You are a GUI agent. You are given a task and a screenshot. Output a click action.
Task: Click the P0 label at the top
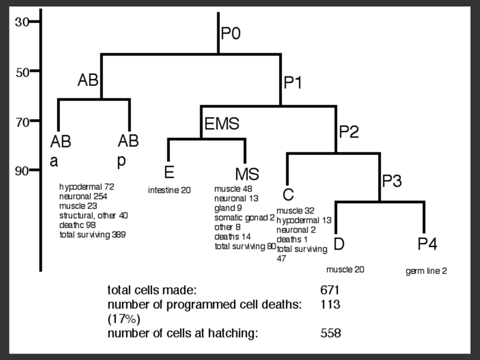[231, 34]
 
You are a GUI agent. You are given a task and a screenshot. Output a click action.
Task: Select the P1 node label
[293, 82]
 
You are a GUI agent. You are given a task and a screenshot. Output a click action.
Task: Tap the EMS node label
[222, 123]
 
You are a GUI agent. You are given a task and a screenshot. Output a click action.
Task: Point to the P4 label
[427, 244]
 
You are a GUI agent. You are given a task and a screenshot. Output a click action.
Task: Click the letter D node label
[338, 244]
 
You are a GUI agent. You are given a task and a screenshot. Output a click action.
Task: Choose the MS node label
[247, 174]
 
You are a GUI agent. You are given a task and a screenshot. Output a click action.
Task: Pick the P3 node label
[392, 181]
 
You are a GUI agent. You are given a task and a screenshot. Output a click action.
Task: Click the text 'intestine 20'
[169, 190]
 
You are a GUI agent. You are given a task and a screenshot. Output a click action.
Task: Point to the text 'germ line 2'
[426, 271]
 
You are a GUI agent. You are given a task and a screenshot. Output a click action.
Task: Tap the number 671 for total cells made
[330, 289]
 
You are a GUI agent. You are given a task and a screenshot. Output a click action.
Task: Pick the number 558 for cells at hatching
[330, 333]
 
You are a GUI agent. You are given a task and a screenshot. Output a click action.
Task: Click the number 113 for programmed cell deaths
[330, 304]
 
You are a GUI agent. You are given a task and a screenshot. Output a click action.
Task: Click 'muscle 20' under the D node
[345, 269]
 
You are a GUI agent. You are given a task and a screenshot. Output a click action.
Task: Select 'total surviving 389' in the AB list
[92, 234]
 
